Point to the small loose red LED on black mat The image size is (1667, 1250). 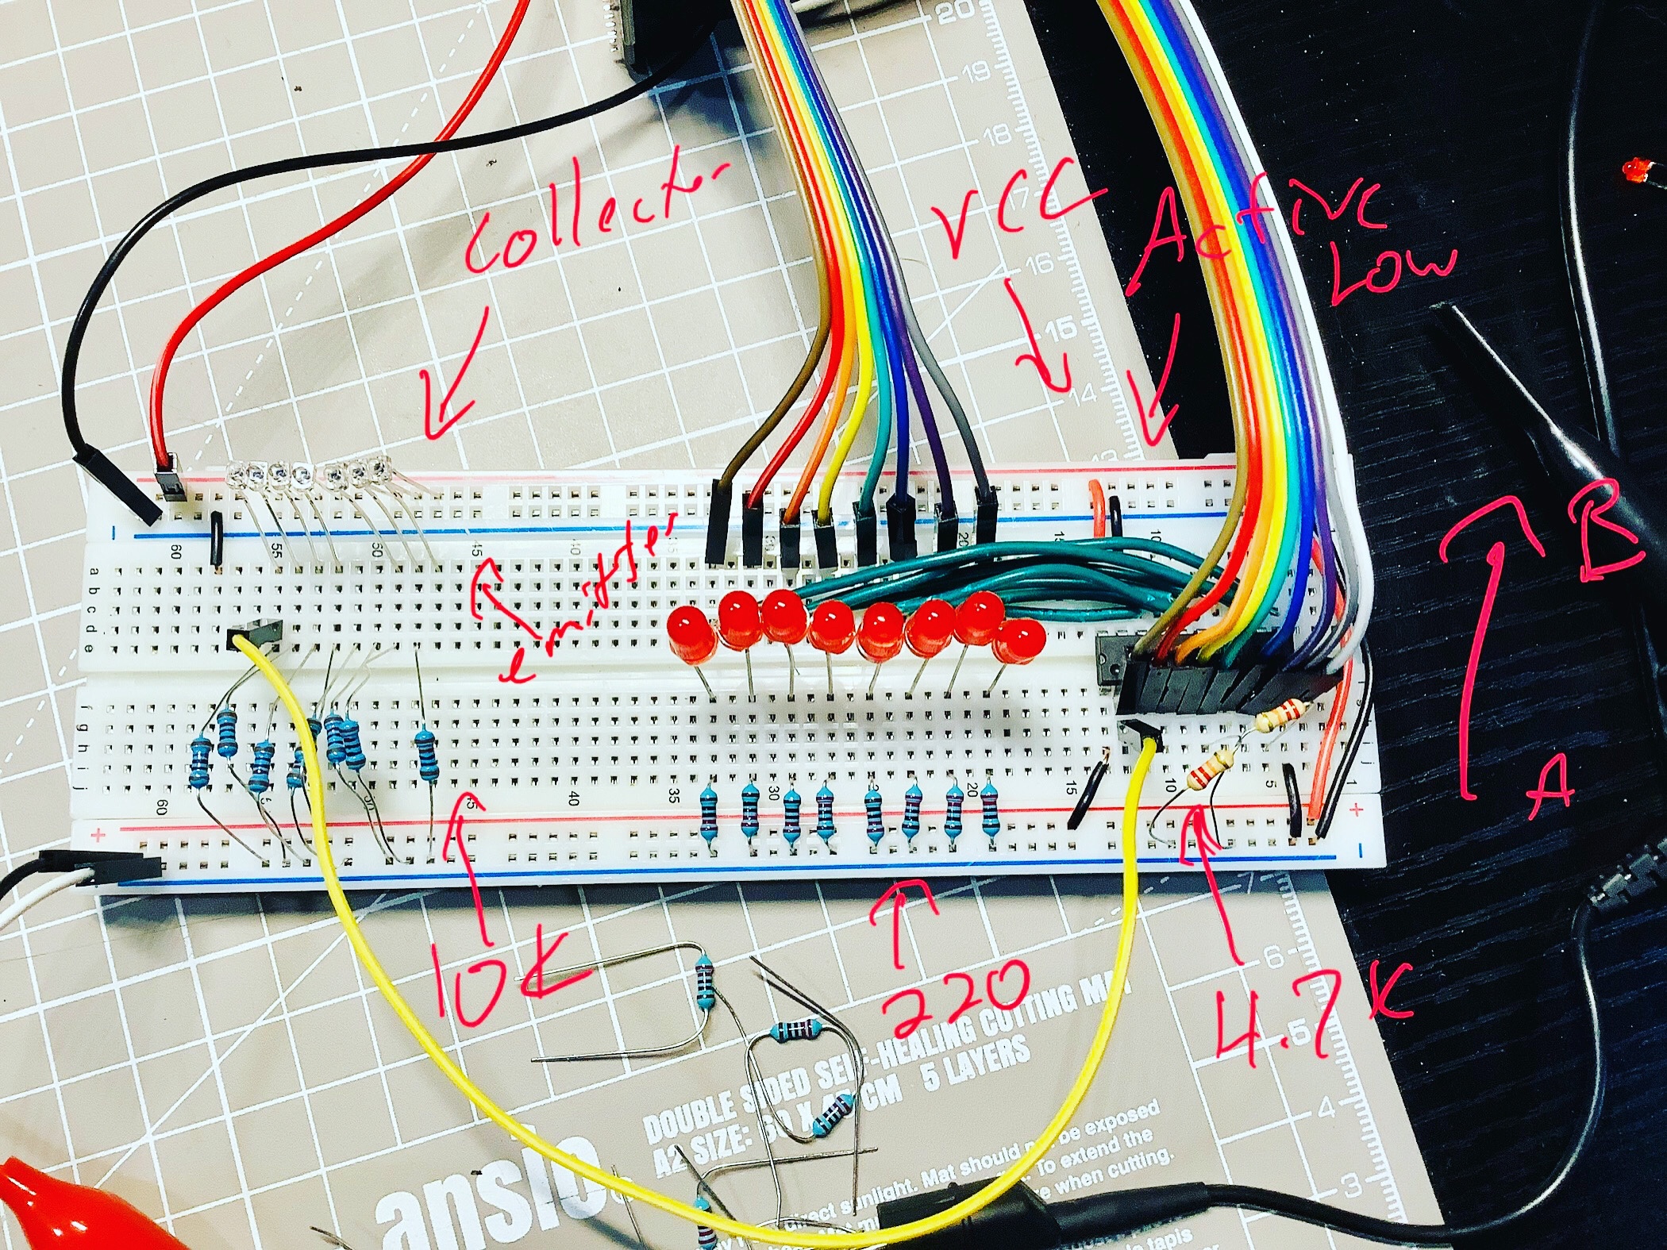pos(1635,169)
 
